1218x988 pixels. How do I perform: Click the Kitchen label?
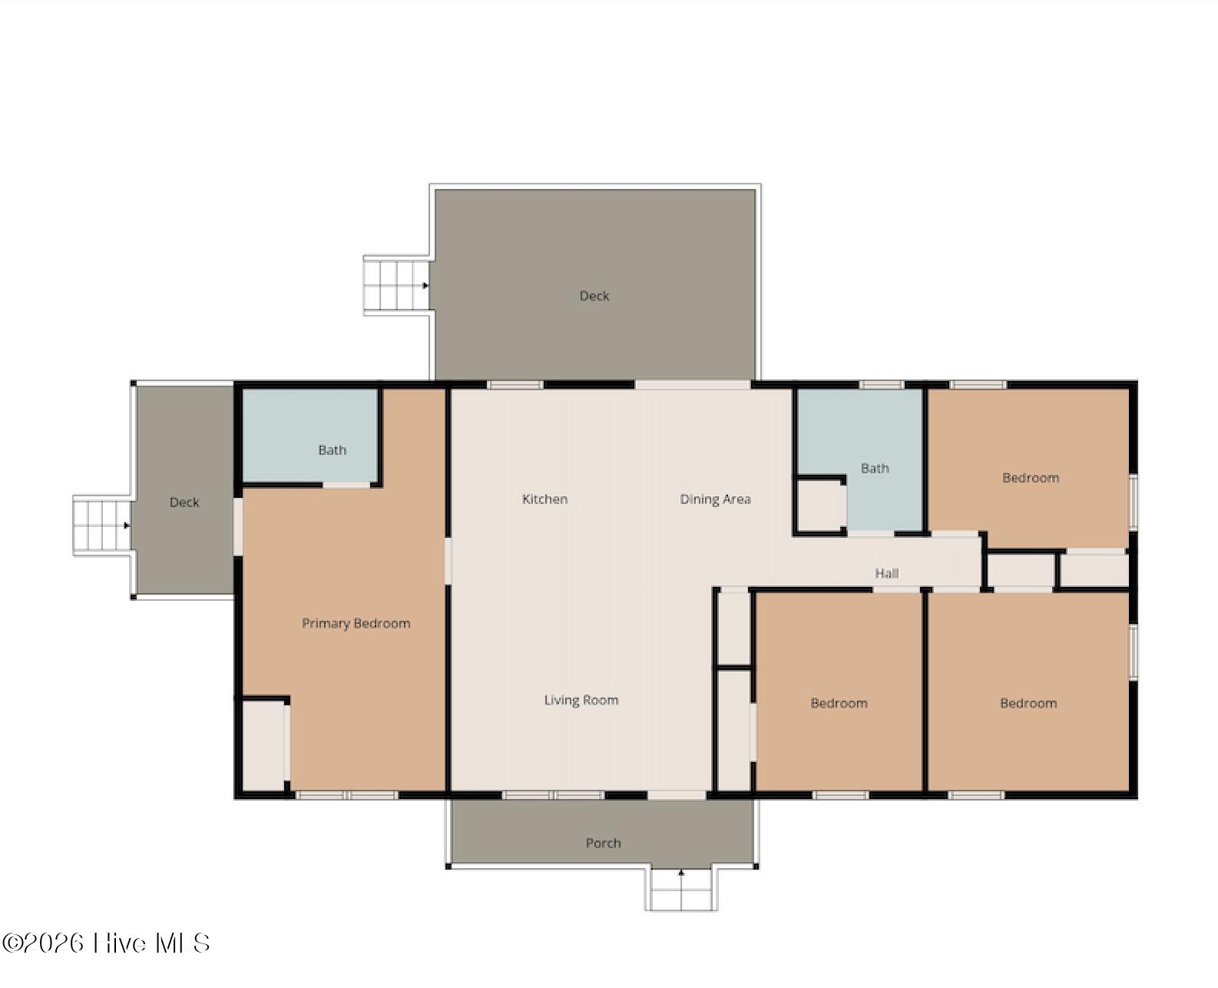[544, 499]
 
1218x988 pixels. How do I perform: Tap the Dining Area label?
[715, 499]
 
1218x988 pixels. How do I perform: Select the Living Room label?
[581, 700]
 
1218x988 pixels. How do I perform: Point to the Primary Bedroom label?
[356, 623]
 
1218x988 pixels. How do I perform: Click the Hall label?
[886, 573]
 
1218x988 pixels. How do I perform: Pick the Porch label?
[603, 843]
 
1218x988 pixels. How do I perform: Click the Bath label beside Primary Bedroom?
[333, 450]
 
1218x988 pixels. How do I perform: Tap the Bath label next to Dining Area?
[875, 468]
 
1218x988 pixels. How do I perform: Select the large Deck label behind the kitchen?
[594, 296]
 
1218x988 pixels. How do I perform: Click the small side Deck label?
[184, 502]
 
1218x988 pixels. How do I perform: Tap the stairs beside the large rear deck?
[397, 285]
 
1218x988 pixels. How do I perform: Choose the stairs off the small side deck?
[102, 525]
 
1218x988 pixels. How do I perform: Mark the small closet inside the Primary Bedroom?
[263, 745]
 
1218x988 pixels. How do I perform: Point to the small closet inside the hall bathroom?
[820, 506]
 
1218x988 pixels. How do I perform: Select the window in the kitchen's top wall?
[515, 384]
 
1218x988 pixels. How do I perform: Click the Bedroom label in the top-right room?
[1031, 478]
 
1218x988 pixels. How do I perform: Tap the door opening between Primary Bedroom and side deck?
[238, 526]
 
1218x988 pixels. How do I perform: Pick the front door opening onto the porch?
[677, 794]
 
